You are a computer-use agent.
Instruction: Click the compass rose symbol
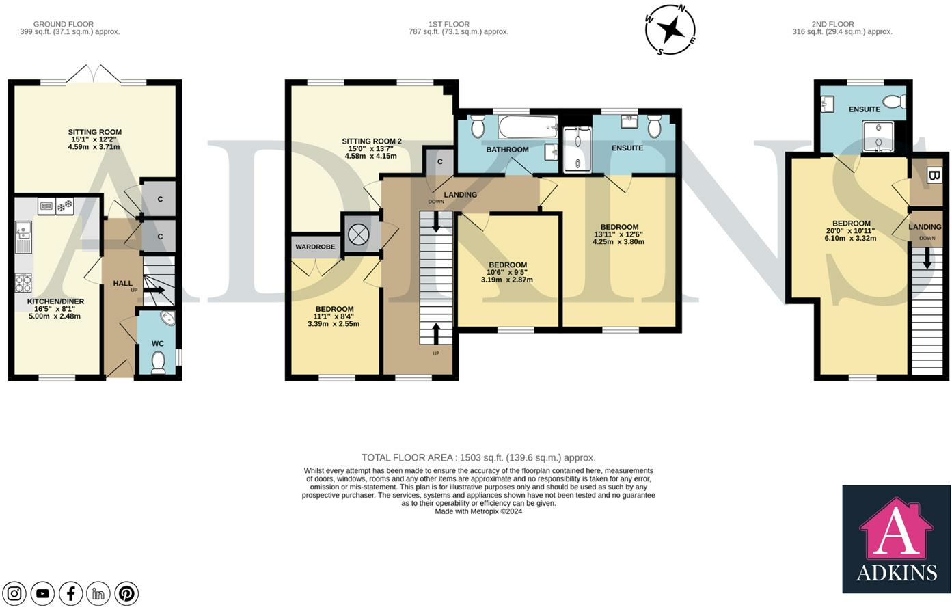point(670,30)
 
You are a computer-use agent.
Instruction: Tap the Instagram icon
point(14,593)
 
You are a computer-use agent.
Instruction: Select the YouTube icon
point(42,593)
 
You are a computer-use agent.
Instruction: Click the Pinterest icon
point(126,593)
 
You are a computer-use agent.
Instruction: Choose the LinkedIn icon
point(98,593)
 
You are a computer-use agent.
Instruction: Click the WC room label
point(158,343)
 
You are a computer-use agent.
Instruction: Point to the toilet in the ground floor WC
point(159,362)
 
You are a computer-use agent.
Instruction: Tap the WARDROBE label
point(315,247)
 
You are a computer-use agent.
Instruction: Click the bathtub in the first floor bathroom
point(528,127)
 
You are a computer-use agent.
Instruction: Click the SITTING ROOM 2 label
point(372,141)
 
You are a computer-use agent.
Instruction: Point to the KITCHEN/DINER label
point(55,301)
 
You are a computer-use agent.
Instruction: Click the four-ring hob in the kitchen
point(23,283)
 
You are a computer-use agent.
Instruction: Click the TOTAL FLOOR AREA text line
point(478,458)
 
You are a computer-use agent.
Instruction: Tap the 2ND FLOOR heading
point(832,24)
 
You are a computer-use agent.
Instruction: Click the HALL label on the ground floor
point(122,283)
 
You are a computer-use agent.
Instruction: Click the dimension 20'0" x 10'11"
point(852,231)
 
